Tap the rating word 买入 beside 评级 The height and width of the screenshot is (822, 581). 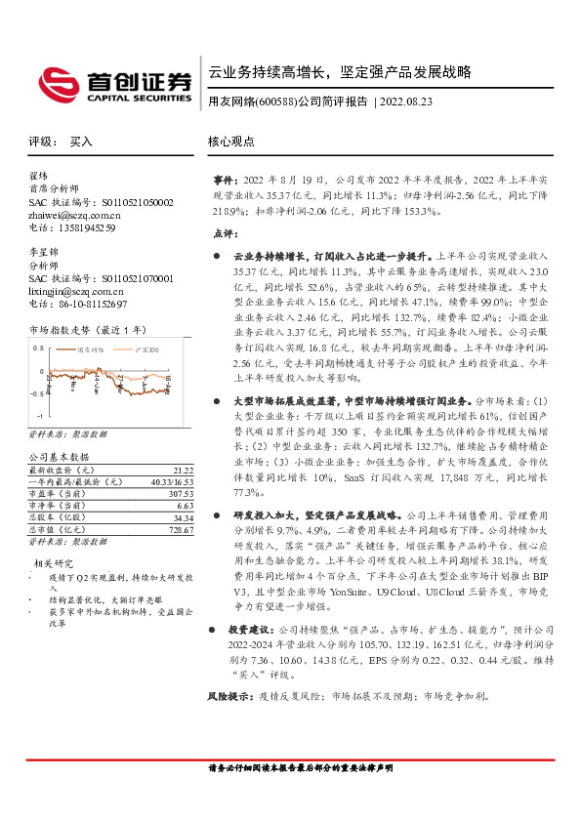point(81,142)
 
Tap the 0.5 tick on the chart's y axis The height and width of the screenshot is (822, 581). point(38,348)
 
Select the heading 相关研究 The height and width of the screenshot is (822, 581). point(54,563)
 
